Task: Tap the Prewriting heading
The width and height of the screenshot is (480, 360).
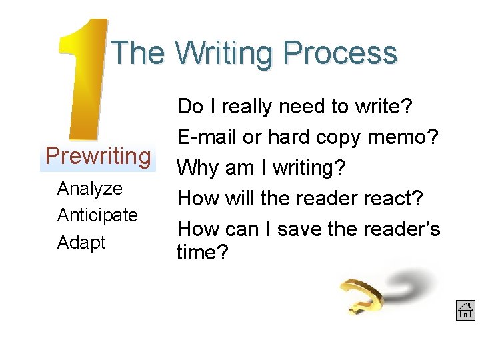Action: pyautogui.click(x=98, y=157)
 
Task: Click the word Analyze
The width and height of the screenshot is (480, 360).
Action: pyautogui.click(x=90, y=189)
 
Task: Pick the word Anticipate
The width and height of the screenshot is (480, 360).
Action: pyautogui.click(x=97, y=215)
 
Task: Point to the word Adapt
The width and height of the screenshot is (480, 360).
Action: pyautogui.click(x=81, y=242)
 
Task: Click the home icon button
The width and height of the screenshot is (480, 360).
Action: pyautogui.click(x=465, y=310)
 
